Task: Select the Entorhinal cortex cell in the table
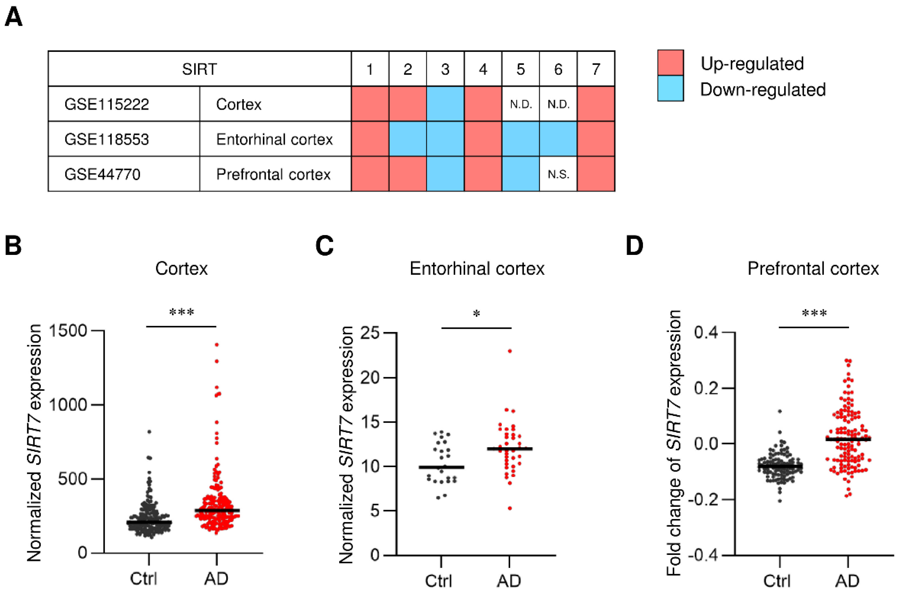pos(275,139)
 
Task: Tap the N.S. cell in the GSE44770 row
pos(558,174)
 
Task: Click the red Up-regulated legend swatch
pos(671,63)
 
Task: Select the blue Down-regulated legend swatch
pos(671,89)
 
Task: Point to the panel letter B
pos(13,246)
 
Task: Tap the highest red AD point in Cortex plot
pos(217,345)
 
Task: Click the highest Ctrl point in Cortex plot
pos(149,431)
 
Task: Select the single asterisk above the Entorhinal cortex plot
pos(476,314)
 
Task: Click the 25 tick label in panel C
pos(370,333)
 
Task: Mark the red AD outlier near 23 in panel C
pos(510,351)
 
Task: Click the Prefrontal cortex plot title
pos(813,269)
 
